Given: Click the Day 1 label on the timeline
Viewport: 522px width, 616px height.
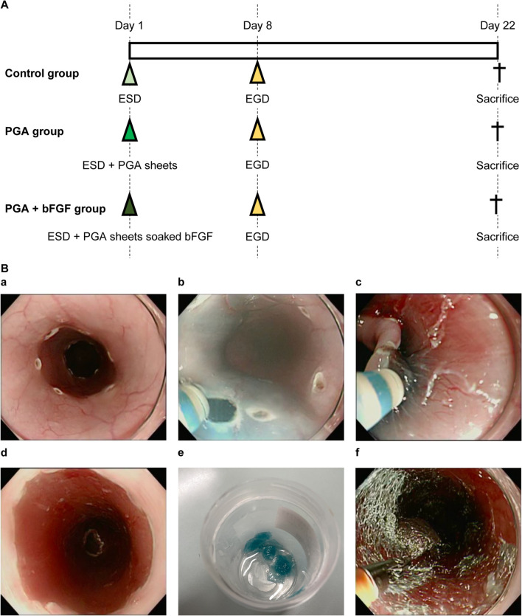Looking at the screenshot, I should pos(129,27).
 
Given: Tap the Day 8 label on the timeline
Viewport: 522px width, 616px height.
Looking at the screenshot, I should pos(257,27).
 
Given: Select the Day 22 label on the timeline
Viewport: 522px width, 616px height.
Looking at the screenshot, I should pos(498,27).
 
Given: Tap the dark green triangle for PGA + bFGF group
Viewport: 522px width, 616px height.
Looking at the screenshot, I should pos(130,203).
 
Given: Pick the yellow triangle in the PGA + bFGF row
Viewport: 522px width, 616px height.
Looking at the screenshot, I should pos(257,203).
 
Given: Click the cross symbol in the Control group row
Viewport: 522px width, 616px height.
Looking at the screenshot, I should pos(498,73).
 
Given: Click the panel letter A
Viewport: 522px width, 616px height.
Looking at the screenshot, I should pos(6,7).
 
